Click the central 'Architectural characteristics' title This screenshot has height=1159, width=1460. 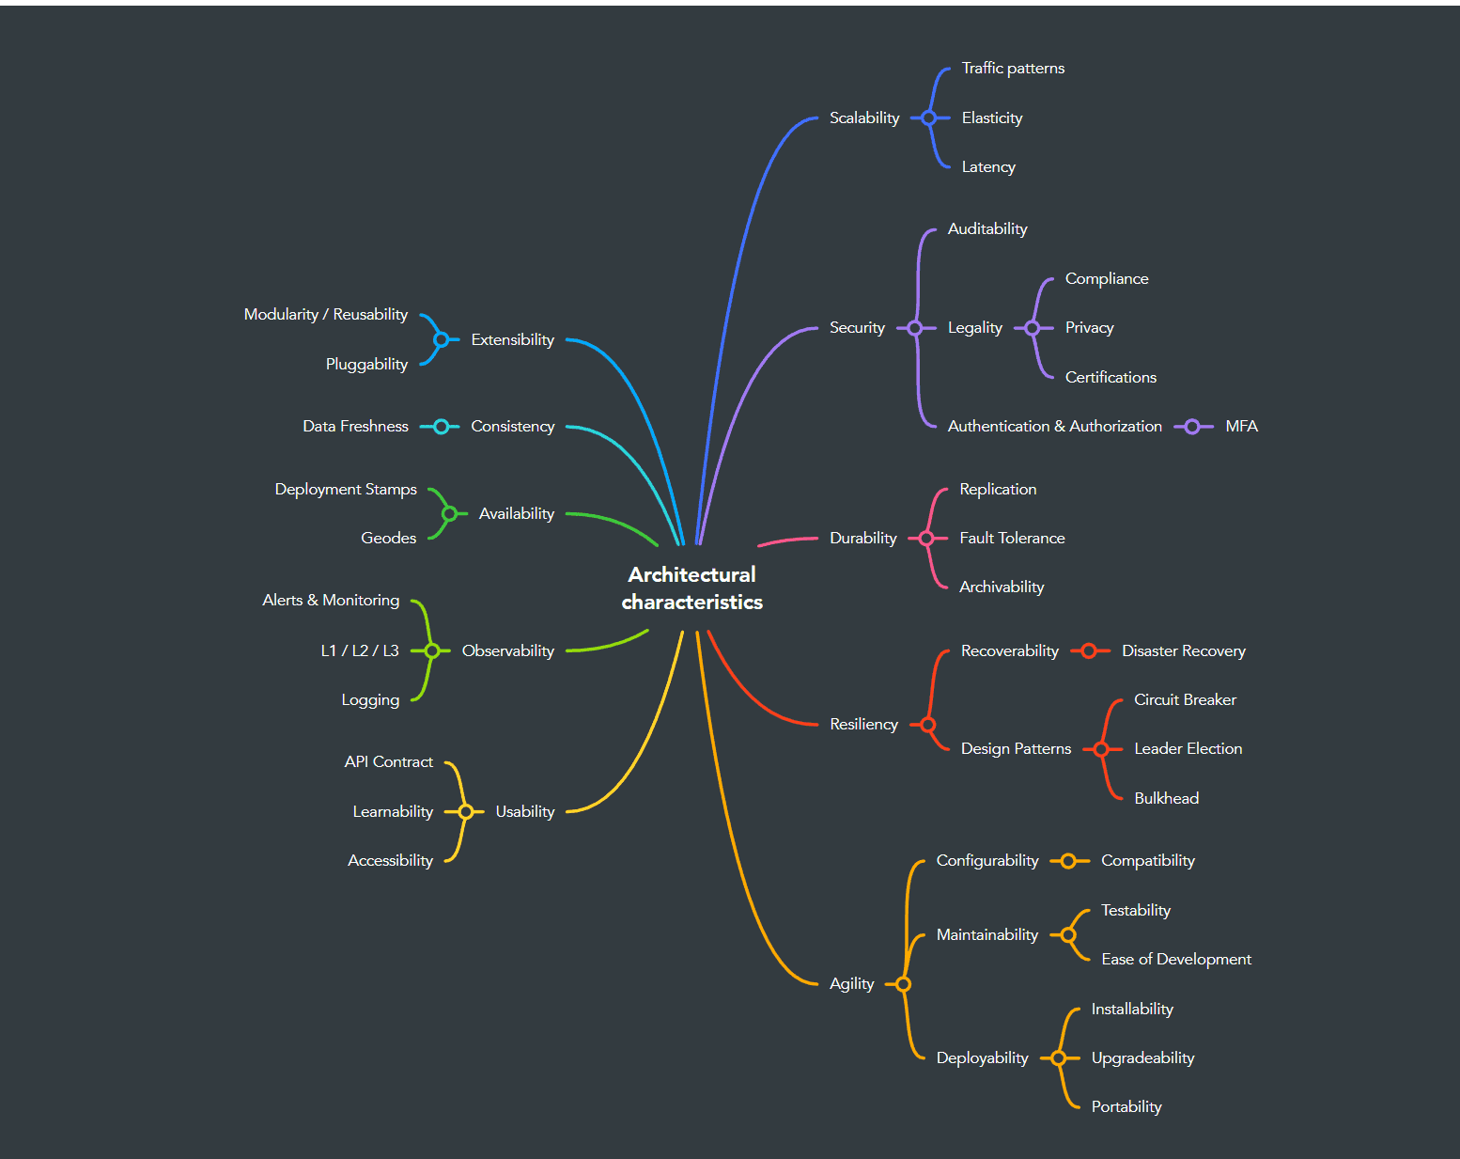[x=691, y=587]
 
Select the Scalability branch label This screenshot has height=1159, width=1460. [x=864, y=117]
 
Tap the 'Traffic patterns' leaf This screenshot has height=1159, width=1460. [x=1013, y=68]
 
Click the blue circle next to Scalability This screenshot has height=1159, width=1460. [x=929, y=117]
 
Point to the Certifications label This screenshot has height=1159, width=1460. [x=1111, y=377]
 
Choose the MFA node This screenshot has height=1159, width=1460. [x=1241, y=426]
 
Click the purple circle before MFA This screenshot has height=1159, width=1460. [x=1192, y=427]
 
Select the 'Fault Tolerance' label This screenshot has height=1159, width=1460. [x=1012, y=538]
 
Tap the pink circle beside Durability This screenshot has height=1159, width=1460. [x=926, y=538]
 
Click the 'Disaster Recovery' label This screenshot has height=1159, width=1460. [x=1183, y=650]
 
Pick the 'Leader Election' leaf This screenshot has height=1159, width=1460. [x=1188, y=748]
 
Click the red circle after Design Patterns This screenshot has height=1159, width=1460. [x=1101, y=749]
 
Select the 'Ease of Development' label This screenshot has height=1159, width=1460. [x=1175, y=959]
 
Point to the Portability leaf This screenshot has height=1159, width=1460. [x=1126, y=1106]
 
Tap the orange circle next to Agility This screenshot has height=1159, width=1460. [x=903, y=984]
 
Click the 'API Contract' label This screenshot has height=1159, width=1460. [x=388, y=761]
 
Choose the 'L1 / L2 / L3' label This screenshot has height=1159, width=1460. [x=360, y=650]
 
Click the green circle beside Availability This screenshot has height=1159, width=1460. [x=449, y=513]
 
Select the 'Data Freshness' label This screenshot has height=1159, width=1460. [x=355, y=426]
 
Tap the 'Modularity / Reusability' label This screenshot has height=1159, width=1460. [x=325, y=314]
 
